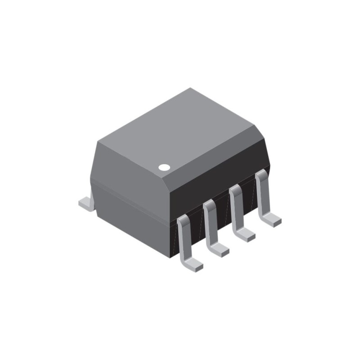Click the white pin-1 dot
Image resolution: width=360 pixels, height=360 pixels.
coord(164,167)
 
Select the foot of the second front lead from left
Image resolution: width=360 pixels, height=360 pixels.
coord(219,249)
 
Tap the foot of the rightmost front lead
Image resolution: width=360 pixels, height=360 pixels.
coord(271,220)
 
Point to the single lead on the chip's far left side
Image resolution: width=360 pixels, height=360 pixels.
coord(86,203)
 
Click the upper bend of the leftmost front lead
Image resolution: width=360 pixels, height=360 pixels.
coord(182,220)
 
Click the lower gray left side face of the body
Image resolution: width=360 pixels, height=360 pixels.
coord(130,220)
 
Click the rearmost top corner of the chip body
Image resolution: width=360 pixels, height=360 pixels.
coord(190,88)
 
